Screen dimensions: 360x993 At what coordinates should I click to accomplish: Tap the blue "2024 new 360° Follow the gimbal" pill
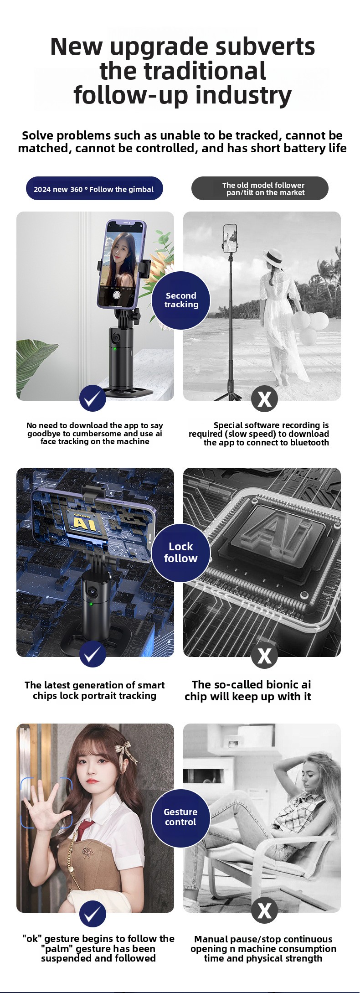coord(94,188)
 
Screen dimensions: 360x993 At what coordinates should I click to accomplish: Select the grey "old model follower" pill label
coord(260,188)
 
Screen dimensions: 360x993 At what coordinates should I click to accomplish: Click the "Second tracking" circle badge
coord(181,300)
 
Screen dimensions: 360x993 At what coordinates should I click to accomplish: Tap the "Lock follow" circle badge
coord(181,553)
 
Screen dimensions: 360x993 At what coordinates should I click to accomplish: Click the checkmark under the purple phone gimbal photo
coord(93,398)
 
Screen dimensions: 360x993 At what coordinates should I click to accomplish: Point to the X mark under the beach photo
coord(264,398)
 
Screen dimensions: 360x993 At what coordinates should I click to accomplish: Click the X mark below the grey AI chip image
coord(264,655)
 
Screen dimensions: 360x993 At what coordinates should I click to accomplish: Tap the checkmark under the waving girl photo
coord(93,914)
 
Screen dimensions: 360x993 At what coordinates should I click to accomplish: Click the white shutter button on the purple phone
coord(117,295)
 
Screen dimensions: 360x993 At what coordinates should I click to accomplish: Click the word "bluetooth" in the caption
coord(309,443)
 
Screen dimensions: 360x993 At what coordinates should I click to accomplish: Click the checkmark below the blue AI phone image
coord(93,654)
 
